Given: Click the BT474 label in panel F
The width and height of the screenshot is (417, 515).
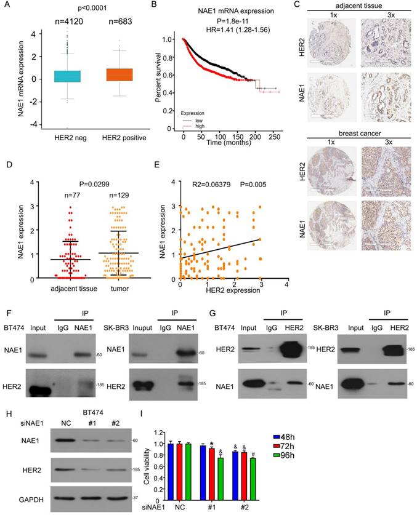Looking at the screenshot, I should click(x=15, y=329).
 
